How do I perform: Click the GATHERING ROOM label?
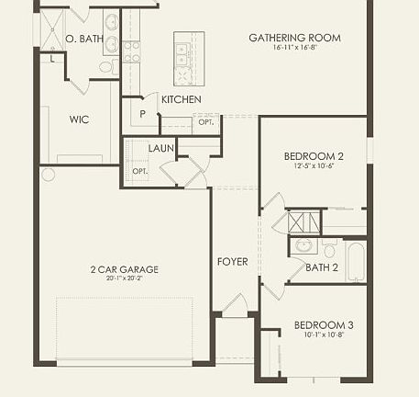click(294, 38)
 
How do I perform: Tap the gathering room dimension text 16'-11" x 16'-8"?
click(294, 48)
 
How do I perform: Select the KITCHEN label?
click(182, 99)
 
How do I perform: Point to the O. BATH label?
click(85, 39)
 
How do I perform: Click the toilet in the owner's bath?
click(106, 66)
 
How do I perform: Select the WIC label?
click(79, 119)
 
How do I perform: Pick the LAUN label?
click(161, 147)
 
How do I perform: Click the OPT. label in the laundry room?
click(139, 171)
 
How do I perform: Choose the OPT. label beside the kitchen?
click(205, 122)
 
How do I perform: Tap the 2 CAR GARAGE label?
click(124, 269)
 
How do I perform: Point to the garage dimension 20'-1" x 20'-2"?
click(124, 278)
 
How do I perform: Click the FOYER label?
click(232, 262)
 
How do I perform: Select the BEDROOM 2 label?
click(313, 155)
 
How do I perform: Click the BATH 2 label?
click(322, 268)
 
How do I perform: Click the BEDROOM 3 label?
click(323, 325)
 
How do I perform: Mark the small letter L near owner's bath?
click(52, 59)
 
